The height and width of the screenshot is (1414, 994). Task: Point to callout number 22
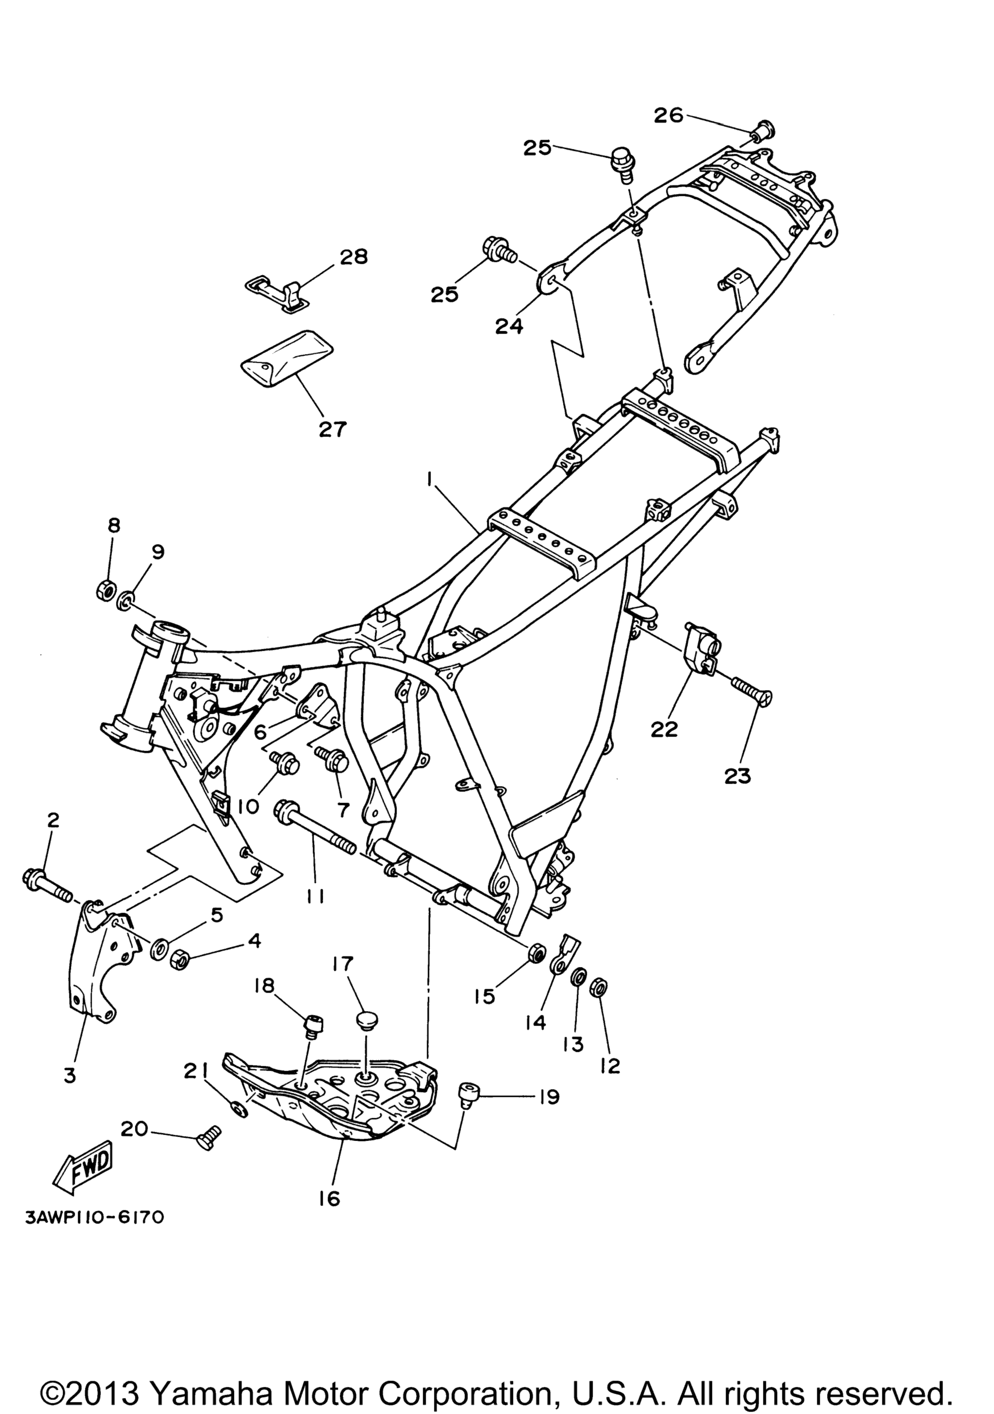click(x=663, y=729)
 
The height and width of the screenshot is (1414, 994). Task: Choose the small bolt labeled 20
click(x=208, y=1133)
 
